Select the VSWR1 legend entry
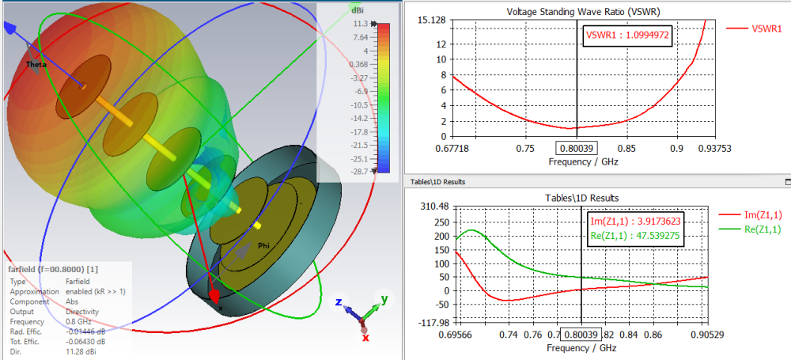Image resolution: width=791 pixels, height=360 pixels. click(x=764, y=28)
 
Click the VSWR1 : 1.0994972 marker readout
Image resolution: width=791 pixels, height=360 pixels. click(x=627, y=36)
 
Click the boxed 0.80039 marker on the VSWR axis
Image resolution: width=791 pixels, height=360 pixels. click(x=576, y=147)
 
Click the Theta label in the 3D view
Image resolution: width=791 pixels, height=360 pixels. click(x=36, y=64)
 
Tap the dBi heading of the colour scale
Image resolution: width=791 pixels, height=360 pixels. click(x=357, y=9)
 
